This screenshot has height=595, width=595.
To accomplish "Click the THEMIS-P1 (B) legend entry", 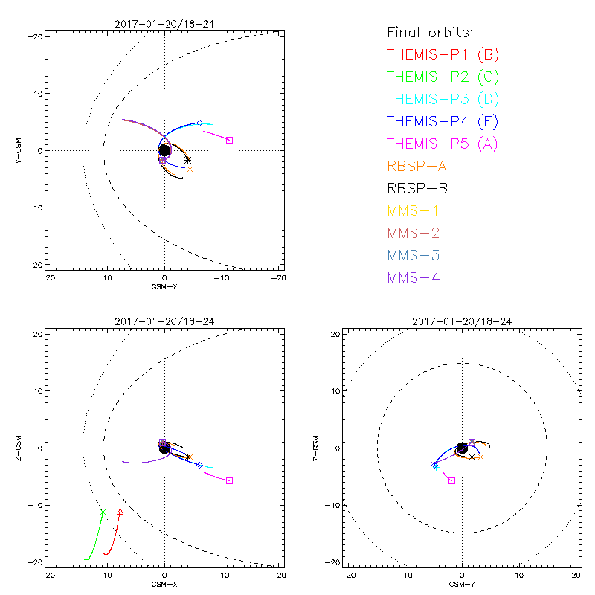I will (x=444, y=54).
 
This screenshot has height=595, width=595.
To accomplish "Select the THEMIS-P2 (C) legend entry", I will (x=444, y=77).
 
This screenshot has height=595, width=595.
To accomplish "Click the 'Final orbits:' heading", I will (x=431, y=32).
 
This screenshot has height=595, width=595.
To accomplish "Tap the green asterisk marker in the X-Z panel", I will (x=103, y=512).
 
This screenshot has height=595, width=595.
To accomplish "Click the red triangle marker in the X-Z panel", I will (x=120, y=512).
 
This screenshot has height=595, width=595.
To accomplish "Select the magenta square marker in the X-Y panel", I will (x=229, y=140).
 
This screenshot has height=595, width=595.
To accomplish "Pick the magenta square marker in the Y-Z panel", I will (x=451, y=481).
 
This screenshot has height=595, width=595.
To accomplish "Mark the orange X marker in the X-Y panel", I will (x=190, y=169).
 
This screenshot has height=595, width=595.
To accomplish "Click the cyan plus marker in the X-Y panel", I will (x=210, y=124).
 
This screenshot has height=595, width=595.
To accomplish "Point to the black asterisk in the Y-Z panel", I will (x=472, y=457).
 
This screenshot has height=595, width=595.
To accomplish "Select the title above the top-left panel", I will (x=164, y=24).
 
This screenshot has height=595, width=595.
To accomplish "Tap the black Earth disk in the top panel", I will (x=164, y=150).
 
